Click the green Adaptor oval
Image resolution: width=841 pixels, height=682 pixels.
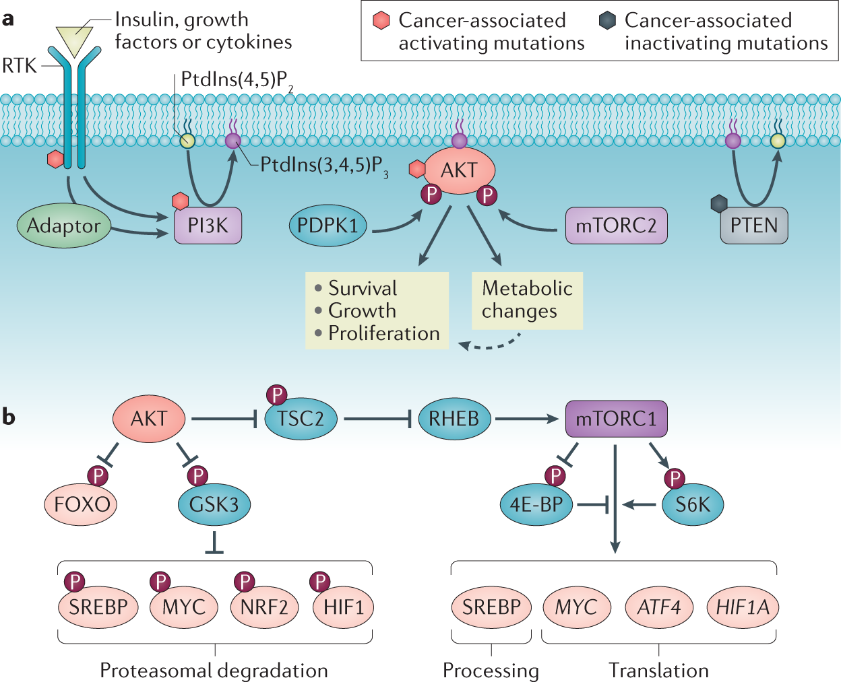point(63,226)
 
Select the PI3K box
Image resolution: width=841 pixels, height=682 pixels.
point(208,226)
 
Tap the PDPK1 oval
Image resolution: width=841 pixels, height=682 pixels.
point(328,226)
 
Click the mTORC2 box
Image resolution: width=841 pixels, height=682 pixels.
point(616,226)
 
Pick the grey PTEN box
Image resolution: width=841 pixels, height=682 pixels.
point(753,226)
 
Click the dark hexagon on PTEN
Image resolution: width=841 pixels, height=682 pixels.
point(720,203)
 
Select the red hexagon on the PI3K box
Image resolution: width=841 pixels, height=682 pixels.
point(180,201)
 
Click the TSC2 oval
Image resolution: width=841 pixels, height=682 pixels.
point(301,419)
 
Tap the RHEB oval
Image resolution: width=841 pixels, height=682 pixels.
point(454,419)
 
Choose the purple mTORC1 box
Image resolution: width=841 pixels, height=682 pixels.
point(616,419)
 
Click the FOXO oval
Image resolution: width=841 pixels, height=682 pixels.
point(81,504)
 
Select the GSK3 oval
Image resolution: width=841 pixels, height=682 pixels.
point(214,504)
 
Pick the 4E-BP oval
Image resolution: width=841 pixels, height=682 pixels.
point(536,504)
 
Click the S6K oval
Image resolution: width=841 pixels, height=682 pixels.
point(692,504)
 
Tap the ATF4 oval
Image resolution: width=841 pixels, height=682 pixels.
point(659,607)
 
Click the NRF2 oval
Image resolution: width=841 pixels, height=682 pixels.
point(264,607)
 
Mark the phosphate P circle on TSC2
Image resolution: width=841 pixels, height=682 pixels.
point(276,395)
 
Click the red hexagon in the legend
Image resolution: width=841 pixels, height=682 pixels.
point(381,21)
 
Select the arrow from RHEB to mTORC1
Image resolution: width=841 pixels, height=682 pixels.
point(527,419)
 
